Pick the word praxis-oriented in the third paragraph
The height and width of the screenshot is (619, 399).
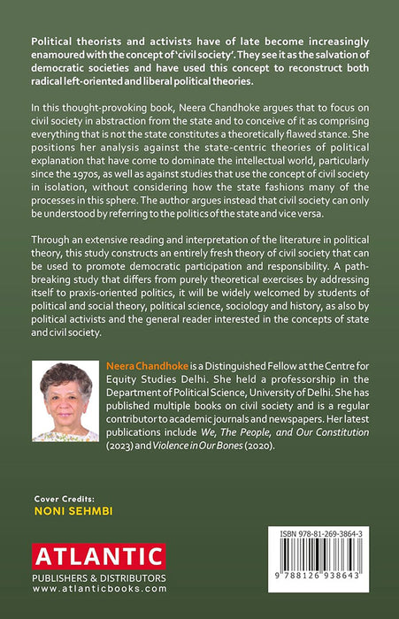point(138,302)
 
